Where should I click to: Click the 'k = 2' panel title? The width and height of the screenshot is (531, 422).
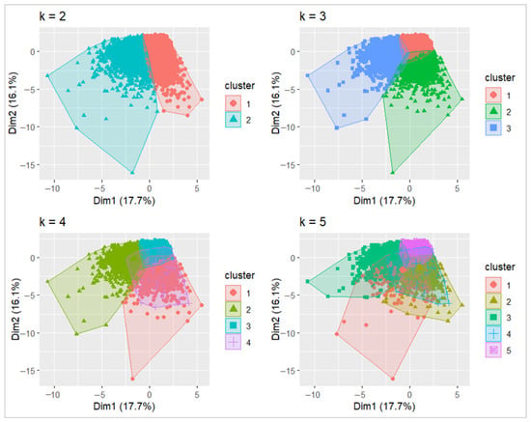(52, 16)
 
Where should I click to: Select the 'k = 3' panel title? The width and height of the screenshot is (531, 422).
(313, 16)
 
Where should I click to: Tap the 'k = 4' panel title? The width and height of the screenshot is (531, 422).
(52, 222)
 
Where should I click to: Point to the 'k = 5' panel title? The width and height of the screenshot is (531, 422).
(313, 222)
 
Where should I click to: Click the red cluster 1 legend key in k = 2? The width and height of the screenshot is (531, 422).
(233, 103)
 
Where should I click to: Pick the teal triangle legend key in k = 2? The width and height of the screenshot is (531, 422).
(233, 119)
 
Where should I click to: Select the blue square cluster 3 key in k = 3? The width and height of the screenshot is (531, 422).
(493, 127)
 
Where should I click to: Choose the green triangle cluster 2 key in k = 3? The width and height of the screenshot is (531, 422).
(493, 111)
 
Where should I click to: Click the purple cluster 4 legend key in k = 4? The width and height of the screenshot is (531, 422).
(233, 342)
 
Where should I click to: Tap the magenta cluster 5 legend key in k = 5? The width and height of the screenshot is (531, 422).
(493, 350)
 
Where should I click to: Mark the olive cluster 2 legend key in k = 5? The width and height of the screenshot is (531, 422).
(493, 301)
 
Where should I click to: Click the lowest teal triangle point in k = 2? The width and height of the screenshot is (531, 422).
(132, 173)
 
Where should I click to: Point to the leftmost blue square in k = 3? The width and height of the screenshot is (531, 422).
(307, 75)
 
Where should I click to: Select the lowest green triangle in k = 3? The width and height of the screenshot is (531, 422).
(393, 173)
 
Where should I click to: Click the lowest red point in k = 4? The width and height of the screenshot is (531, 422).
(133, 379)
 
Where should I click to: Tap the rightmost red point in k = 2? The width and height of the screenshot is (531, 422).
(202, 99)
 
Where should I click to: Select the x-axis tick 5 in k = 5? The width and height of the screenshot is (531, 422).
(458, 395)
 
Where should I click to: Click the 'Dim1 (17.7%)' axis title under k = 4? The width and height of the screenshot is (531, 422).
(125, 407)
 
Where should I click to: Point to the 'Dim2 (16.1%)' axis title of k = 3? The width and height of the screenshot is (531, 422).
(276, 103)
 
